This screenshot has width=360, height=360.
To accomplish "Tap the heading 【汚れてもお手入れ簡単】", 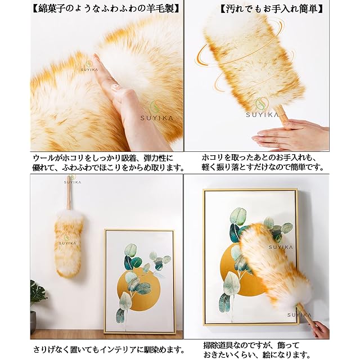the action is click(x=272, y=8).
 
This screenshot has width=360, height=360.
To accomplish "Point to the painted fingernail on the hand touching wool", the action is click(x=115, y=87).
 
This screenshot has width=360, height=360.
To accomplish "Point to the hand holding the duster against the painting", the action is click(x=321, y=328).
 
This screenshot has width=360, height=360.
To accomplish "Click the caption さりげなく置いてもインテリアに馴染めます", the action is click(x=109, y=350).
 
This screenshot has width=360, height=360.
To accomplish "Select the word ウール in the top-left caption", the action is click(x=44, y=159).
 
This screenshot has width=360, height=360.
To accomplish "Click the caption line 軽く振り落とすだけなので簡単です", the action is click(x=263, y=168).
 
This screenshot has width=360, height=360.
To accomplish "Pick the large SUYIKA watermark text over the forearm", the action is click(x=157, y=118).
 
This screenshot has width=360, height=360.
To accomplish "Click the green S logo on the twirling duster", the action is click(x=262, y=103).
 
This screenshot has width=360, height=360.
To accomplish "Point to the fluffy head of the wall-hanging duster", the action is click(x=69, y=244).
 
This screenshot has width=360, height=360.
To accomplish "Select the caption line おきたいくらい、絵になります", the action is click(x=255, y=355).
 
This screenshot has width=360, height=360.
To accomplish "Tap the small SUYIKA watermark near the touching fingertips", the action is click(x=89, y=70).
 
